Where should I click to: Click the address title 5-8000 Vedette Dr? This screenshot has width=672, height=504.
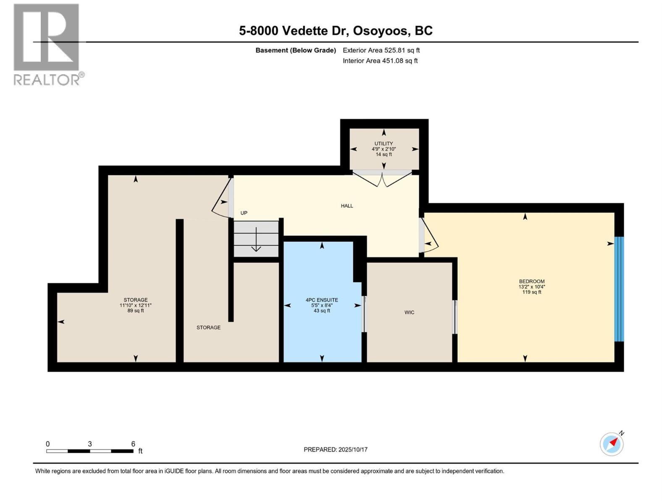pos(336,31)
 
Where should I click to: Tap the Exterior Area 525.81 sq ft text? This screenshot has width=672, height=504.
pos(381,50)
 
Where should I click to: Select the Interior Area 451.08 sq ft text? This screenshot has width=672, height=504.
pos(380,61)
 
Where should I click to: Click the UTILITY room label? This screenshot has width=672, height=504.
pos(383,144)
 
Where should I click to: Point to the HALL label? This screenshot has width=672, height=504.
pos(347,206)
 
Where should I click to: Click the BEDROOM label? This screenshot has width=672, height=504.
pos(531,281)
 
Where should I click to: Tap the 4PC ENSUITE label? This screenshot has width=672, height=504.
pos(322,300)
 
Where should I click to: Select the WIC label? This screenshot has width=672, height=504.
pos(409,312)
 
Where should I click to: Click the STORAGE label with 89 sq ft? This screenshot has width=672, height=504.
pos(135,300)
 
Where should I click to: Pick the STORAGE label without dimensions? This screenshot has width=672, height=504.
pos(208,328)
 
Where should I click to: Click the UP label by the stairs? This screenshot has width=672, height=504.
pos(244,213)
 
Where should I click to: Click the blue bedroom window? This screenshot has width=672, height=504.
pos(619,289)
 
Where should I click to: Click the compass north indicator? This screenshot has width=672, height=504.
pos(612,444)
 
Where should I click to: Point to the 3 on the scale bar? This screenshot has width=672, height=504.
pos(90,444)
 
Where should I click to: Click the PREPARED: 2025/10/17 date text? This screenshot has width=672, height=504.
pos(336,449)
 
